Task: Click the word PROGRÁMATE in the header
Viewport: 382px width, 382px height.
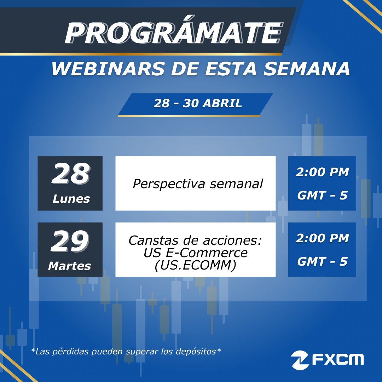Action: point(173,34)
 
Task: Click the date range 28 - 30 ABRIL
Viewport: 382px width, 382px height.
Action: point(198,103)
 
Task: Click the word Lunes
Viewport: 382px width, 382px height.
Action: point(71,199)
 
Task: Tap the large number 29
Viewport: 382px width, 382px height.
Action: point(69,242)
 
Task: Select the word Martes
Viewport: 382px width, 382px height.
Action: point(70,266)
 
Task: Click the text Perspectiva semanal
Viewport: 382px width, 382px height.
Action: point(198,184)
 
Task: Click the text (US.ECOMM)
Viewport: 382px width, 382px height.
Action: point(195,265)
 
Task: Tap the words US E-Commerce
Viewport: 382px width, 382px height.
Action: point(195,253)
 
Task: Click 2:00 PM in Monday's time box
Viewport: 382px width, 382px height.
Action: point(322,172)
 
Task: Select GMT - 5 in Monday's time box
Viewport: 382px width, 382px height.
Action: point(322,195)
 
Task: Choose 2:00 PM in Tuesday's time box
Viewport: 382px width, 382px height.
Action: point(322,238)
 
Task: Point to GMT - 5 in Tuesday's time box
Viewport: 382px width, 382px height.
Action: point(322,262)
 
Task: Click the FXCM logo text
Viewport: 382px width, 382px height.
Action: point(337,360)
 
